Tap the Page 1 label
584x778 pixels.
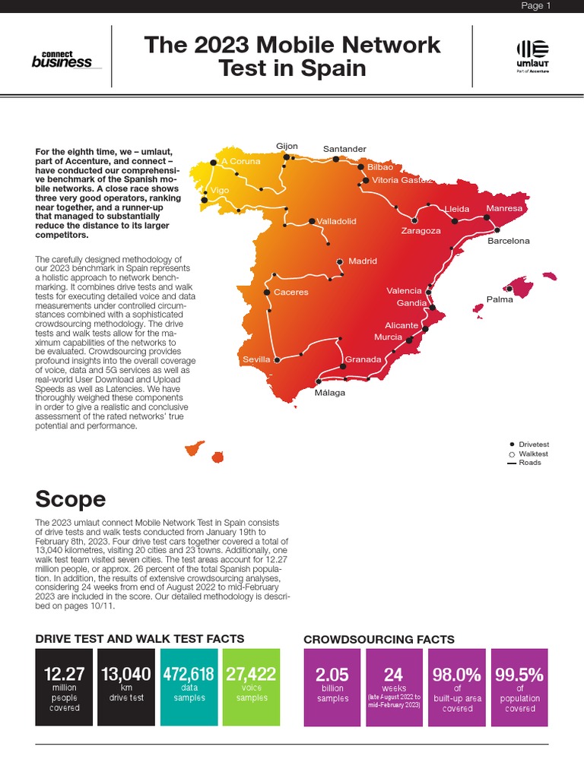(535, 6)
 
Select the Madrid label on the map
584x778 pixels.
(363, 261)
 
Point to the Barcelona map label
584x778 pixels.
(508, 241)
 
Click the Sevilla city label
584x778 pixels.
(256, 359)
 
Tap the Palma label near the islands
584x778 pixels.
(500, 299)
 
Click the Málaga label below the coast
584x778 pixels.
(330, 393)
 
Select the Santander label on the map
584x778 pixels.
(344, 149)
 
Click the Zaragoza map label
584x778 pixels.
(421, 231)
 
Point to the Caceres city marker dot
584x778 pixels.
(267, 293)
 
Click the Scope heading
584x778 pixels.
(71, 498)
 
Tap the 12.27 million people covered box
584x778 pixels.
(64, 687)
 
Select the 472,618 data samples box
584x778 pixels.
(189, 687)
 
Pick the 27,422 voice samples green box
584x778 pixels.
(251, 687)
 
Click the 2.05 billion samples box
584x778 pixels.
(332, 687)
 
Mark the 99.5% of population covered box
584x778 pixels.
(519, 687)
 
